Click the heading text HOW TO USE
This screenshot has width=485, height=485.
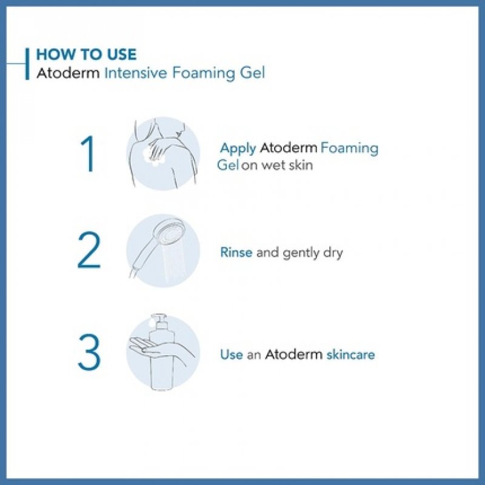(86, 54)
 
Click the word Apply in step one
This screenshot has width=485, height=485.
(238, 149)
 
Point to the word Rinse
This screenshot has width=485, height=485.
(236, 252)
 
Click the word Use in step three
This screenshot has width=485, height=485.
(231, 355)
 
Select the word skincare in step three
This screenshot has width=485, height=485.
(350, 355)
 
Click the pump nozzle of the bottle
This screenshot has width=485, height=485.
(159, 319)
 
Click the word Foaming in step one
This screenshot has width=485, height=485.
(349, 149)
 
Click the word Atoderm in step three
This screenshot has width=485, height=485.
(293, 355)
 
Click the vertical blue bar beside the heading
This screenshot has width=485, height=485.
(27, 63)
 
